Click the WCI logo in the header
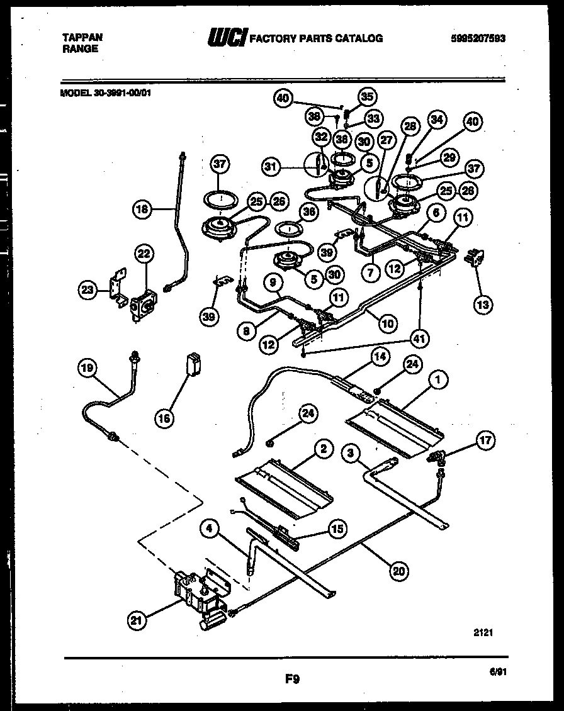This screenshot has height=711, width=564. click(228, 38)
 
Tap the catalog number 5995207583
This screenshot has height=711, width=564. click(478, 38)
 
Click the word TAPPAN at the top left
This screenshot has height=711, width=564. click(82, 38)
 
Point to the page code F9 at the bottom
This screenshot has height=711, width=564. click(291, 678)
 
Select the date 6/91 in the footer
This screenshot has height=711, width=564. click(497, 671)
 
